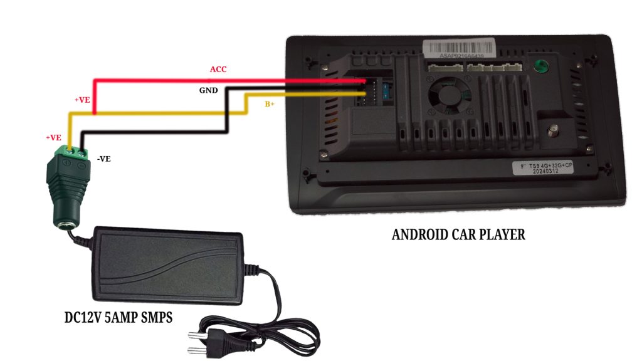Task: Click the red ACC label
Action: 218,69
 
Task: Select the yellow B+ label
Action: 270,104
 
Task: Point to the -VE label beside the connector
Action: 103,159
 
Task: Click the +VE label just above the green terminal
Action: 53,138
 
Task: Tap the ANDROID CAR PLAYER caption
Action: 458,235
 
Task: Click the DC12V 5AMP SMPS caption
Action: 118,318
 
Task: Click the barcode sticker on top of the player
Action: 461,48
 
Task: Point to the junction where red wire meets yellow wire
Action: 94,113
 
